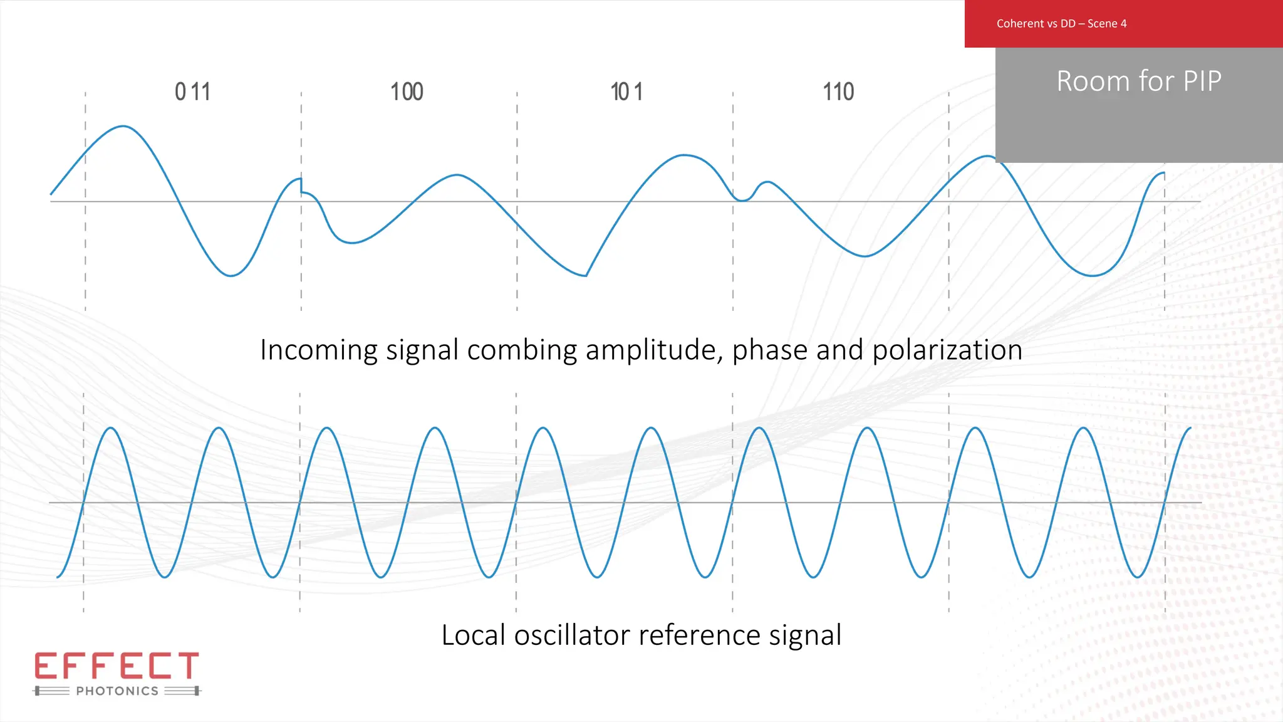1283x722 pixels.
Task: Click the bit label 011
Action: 192,92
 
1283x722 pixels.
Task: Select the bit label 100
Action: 407,92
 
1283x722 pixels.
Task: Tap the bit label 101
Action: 626,92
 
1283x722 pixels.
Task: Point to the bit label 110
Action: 838,92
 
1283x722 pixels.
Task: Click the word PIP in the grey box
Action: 1202,81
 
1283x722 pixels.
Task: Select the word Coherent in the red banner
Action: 1020,24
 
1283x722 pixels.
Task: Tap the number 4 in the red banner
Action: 1123,24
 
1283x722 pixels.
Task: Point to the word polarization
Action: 947,350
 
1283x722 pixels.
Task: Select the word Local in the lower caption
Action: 473,636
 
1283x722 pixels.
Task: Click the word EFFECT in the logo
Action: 117,666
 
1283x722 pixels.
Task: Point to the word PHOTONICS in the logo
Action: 117,691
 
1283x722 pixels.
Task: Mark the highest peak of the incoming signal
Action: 123,127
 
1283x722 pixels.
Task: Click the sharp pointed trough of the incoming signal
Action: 586,275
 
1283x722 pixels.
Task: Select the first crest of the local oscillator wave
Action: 111,428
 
